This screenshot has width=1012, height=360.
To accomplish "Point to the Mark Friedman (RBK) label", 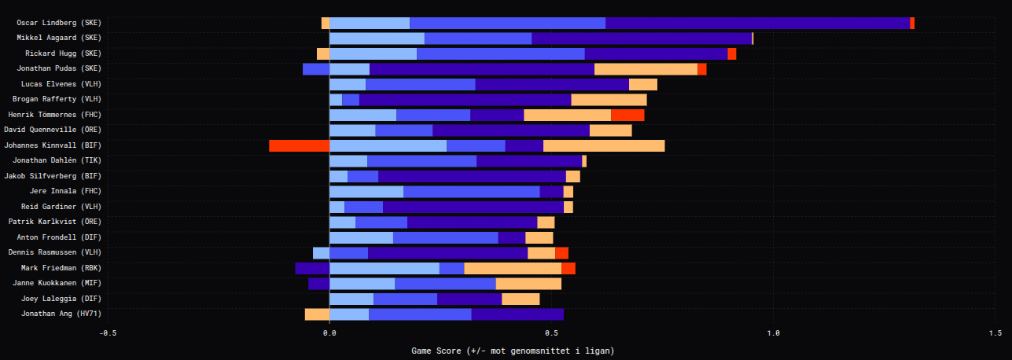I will pyautogui.click(x=61, y=268).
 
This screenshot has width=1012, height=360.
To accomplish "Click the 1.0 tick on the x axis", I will pyautogui.click(x=773, y=332).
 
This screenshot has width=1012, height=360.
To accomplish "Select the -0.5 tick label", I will pyautogui.click(x=108, y=332).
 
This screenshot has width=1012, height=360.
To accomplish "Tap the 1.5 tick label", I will pyautogui.click(x=995, y=332).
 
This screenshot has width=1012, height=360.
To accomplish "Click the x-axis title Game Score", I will pyautogui.click(x=512, y=350).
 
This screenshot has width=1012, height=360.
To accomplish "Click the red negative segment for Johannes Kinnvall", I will pyautogui.click(x=299, y=145).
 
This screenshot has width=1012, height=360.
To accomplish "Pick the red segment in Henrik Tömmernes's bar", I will pyautogui.click(x=627, y=115).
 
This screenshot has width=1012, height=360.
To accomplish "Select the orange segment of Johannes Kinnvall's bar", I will pyautogui.click(x=604, y=145).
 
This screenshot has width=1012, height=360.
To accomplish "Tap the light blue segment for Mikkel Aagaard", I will pyautogui.click(x=377, y=38).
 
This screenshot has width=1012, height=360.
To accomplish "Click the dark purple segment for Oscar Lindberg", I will pyautogui.click(x=757, y=23).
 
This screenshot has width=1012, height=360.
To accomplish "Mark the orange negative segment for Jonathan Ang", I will pyautogui.click(x=317, y=314).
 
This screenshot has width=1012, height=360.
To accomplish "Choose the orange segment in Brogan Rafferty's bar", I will pyautogui.click(x=609, y=100).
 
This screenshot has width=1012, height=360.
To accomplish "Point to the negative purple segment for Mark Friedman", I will pyautogui.click(x=312, y=268).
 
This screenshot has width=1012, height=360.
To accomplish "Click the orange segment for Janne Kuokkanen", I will pyautogui.click(x=528, y=284).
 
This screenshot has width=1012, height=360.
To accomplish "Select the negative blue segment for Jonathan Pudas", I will pyautogui.click(x=316, y=69).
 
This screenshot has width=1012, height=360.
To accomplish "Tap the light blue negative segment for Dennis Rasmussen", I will pyautogui.click(x=321, y=253).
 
